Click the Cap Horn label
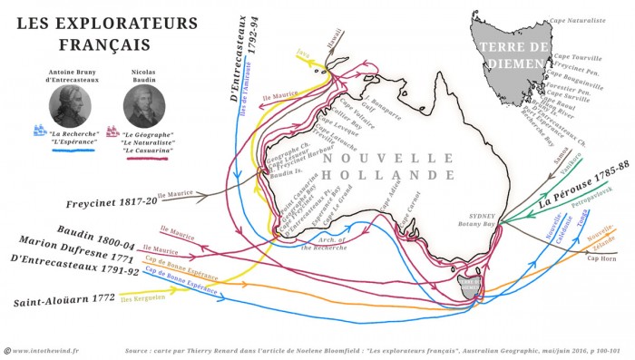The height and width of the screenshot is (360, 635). pyautogui.click(x=601, y=258)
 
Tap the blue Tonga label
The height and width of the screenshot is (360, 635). pyautogui.click(x=583, y=219)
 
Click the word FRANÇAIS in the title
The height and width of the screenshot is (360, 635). pyautogui.click(x=92, y=44)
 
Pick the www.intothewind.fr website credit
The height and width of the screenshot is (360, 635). pyautogui.click(x=47, y=349)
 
